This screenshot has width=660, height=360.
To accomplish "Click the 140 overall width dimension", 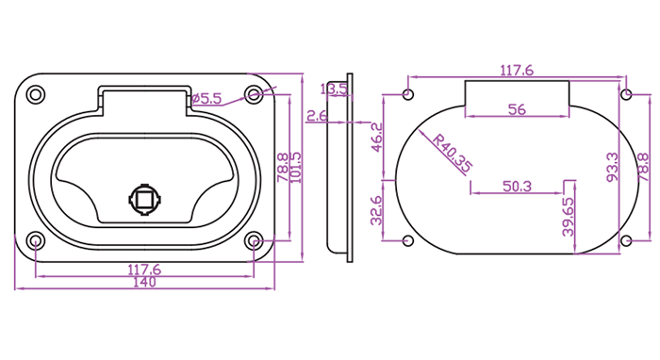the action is pos(144,282).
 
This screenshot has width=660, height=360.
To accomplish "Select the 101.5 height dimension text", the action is pos(296,168).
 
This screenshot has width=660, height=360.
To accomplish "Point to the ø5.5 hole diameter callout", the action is pos(206,99).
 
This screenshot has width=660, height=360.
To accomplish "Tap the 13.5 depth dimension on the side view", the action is pos(334,90).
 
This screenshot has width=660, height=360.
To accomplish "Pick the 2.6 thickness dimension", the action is pos(317,115).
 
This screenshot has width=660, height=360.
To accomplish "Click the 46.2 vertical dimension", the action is pos(377,137).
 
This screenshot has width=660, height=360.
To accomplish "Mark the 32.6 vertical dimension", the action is pos(376,211).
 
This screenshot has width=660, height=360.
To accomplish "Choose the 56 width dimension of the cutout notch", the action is pos(517,109).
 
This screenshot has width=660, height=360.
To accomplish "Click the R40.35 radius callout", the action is pos(453,153).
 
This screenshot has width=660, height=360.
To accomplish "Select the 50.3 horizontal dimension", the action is pos(517,187).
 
